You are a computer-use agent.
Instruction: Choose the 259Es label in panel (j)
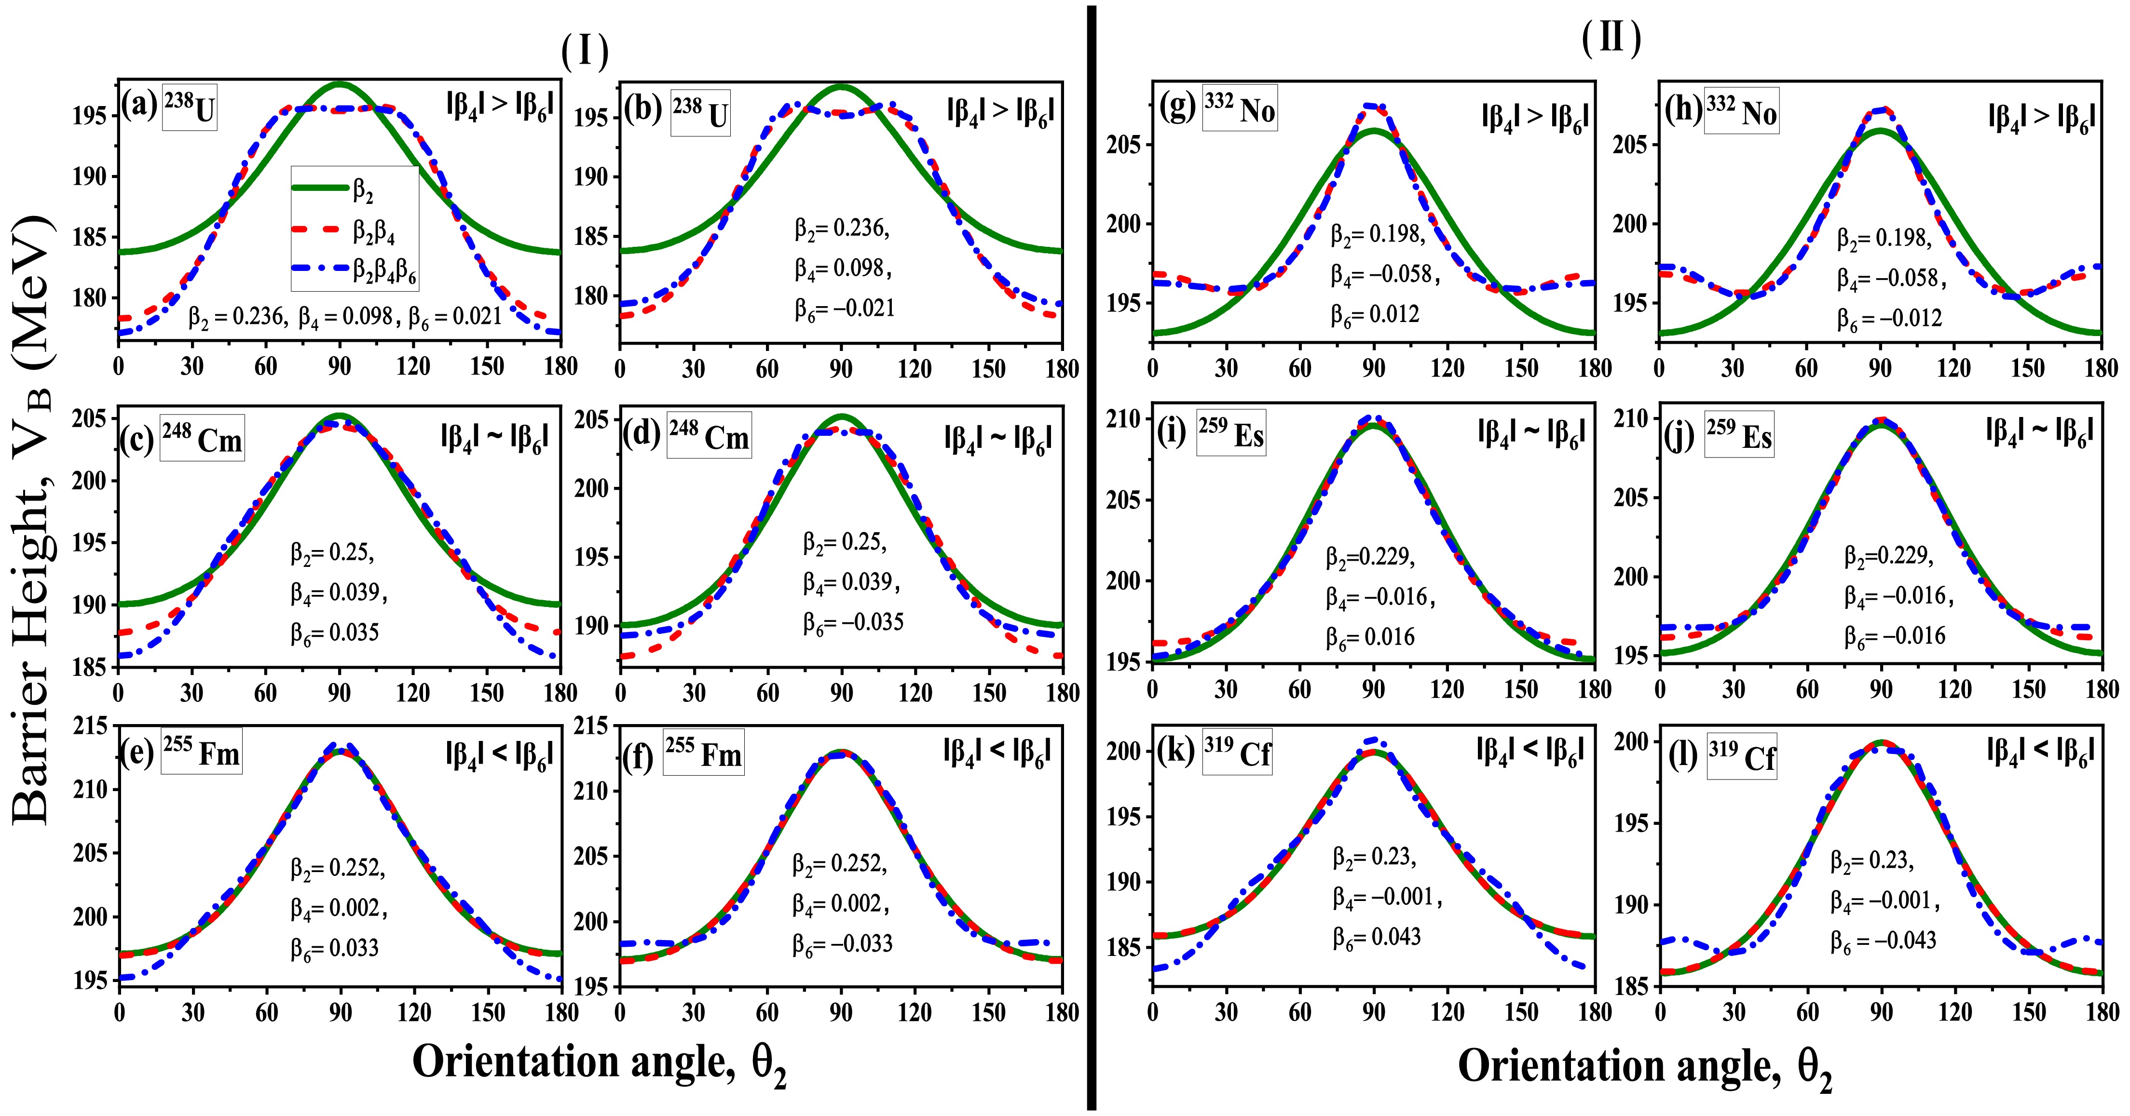[x=1739, y=434]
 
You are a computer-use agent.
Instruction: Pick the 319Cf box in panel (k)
[x=1237, y=752]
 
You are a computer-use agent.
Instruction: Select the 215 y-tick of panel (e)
[x=91, y=726]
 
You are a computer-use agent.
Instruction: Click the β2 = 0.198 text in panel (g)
[x=1378, y=234]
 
